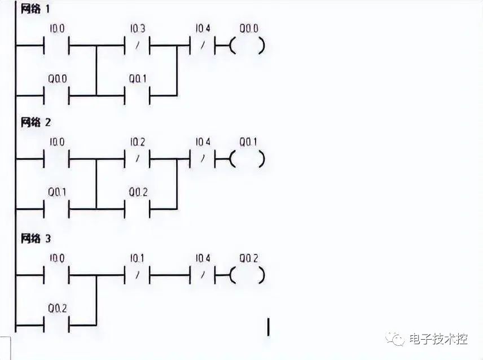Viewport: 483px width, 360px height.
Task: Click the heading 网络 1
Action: click(x=35, y=10)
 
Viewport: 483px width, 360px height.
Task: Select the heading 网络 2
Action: click(x=35, y=122)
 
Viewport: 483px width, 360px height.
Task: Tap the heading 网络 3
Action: click(x=35, y=239)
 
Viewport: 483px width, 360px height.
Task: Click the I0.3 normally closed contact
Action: click(x=137, y=46)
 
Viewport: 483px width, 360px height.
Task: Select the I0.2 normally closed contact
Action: click(x=137, y=160)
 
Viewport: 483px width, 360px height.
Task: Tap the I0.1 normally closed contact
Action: click(x=137, y=276)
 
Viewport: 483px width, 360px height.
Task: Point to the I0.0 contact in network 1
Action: click(x=56, y=46)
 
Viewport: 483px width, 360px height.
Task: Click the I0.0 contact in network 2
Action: click(x=56, y=160)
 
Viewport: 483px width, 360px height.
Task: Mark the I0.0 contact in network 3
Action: click(x=56, y=276)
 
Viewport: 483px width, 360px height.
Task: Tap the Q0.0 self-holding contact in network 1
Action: click(x=56, y=95)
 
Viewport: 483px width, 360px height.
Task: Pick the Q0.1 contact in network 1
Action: click(x=137, y=95)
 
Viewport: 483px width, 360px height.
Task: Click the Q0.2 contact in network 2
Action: click(x=137, y=209)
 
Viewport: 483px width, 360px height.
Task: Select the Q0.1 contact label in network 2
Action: click(x=57, y=192)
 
